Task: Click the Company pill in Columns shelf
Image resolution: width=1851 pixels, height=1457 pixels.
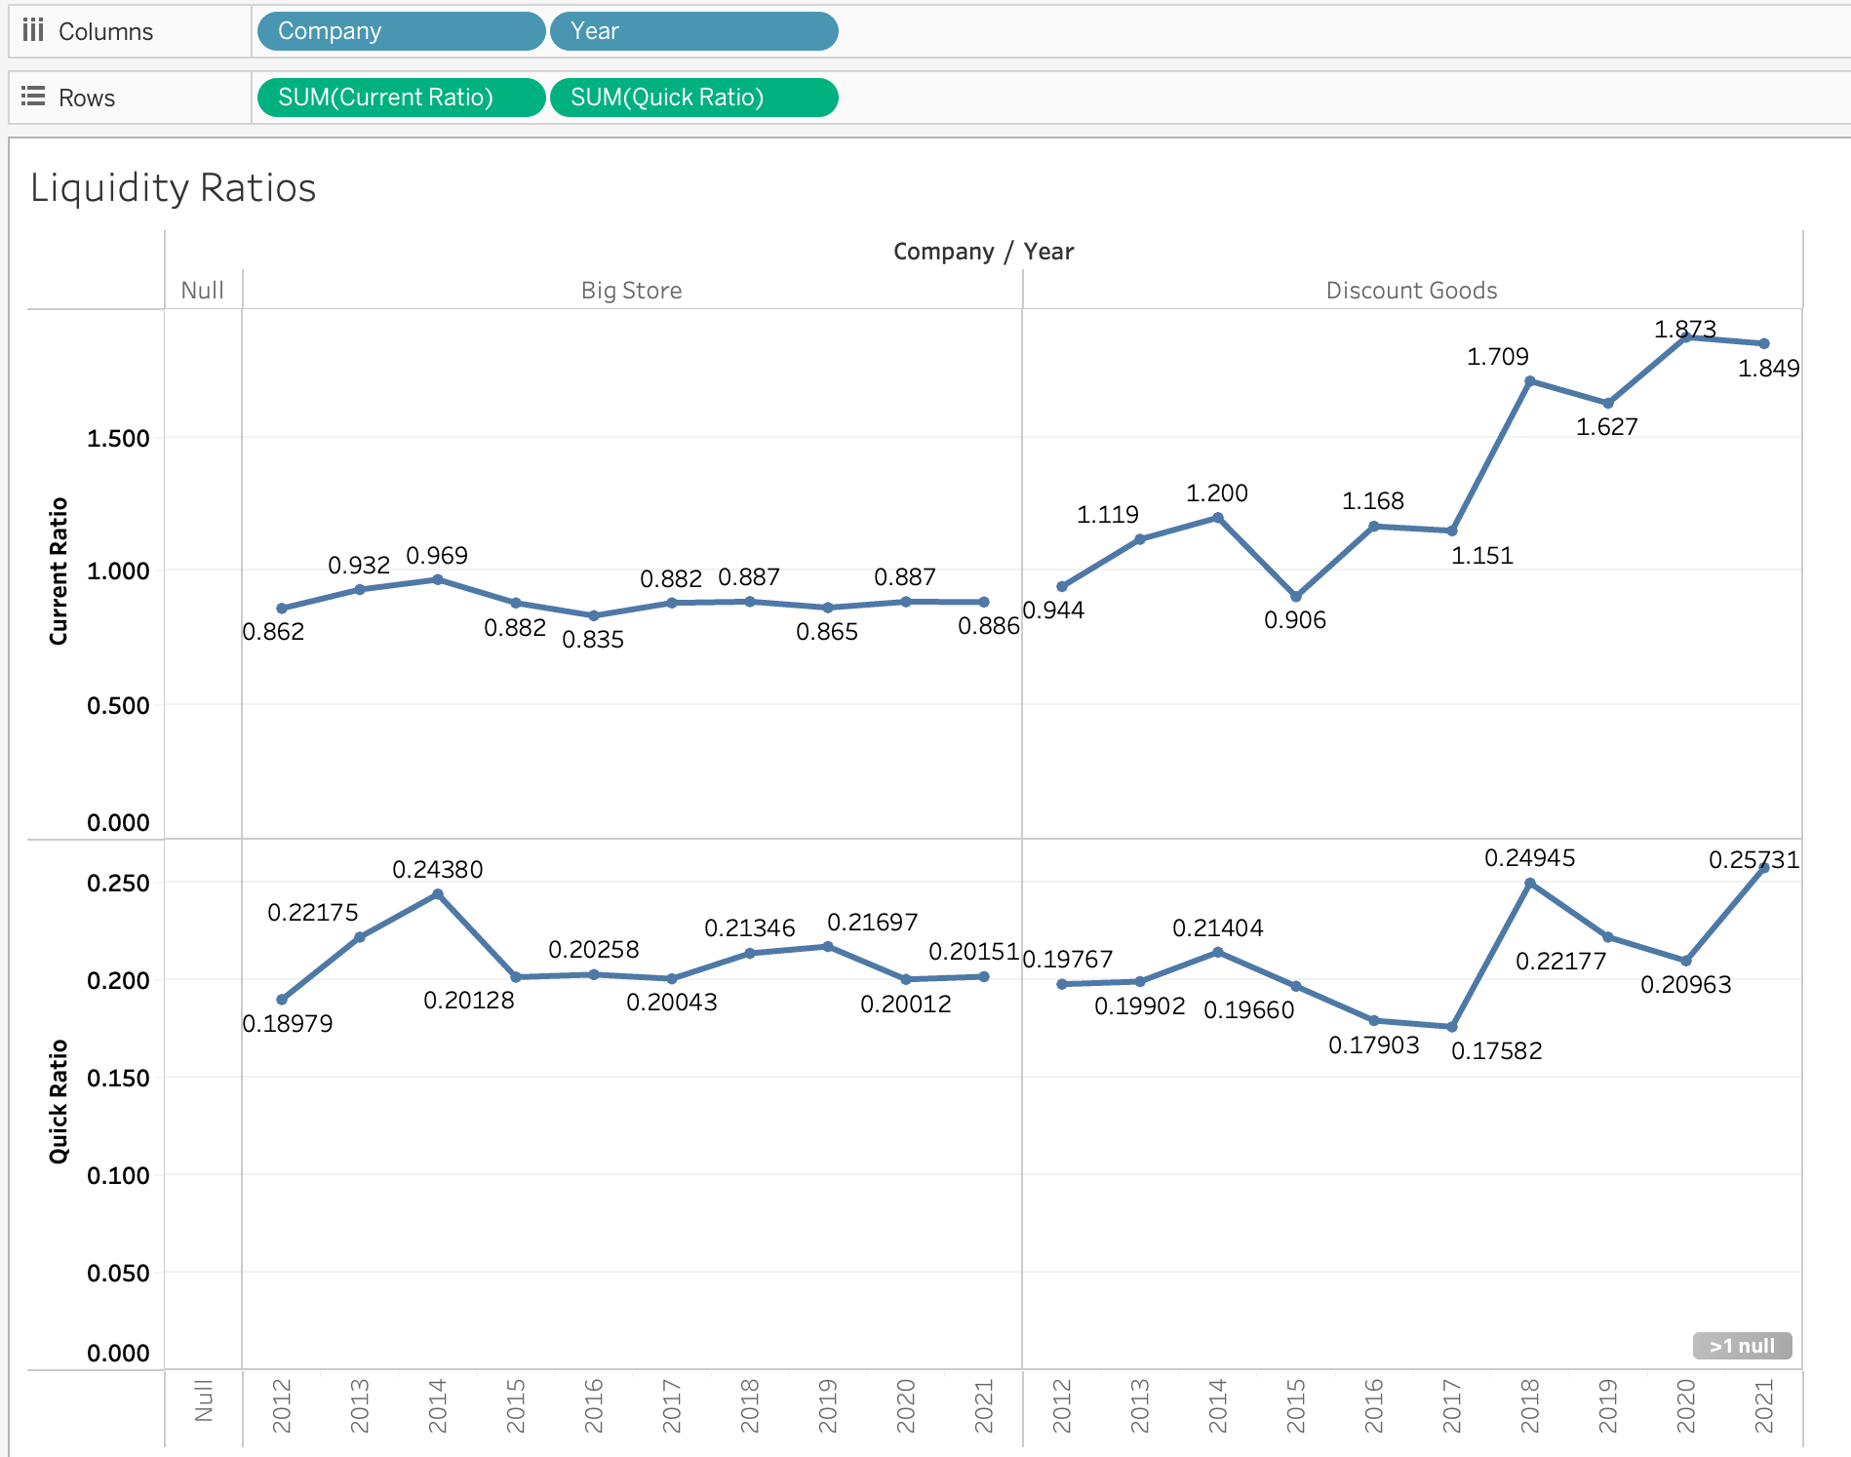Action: [400, 31]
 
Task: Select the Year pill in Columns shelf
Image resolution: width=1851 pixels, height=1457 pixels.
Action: [692, 31]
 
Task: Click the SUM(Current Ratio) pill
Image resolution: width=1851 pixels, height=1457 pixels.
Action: [400, 98]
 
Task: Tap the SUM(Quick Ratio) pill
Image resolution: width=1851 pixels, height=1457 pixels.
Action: [692, 98]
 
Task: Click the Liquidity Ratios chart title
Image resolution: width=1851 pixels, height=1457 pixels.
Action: [174, 187]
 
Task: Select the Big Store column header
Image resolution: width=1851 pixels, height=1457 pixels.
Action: [631, 291]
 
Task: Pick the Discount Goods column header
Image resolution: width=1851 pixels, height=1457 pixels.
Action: [1411, 291]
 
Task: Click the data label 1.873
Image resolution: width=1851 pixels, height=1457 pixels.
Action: [1684, 329]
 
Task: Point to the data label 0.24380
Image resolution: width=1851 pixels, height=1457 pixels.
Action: [437, 869]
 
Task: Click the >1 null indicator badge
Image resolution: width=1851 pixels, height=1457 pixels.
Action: [1742, 1346]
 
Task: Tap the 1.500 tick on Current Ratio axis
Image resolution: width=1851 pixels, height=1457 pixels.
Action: [118, 438]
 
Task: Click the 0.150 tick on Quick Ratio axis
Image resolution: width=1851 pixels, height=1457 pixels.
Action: [118, 1078]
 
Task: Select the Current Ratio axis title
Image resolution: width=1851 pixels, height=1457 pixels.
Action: [59, 571]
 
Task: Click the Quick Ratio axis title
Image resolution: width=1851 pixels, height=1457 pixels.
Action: [59, 1101]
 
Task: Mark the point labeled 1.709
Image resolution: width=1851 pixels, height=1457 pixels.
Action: [1530, 381]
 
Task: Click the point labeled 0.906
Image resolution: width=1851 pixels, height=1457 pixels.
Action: [1296, 596]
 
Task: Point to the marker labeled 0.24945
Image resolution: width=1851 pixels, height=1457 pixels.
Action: [1530, 884]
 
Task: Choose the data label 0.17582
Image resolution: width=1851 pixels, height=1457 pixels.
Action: [1496, 1050]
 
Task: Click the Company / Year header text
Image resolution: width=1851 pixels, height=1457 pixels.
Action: [983, 252]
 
